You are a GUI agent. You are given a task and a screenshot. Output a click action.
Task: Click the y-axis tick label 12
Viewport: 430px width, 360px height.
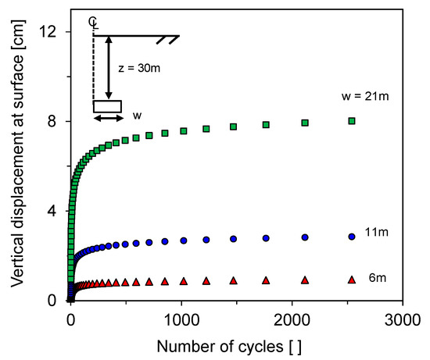[52, 31]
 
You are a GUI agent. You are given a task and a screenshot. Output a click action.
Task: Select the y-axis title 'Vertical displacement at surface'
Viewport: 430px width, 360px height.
[17, 166]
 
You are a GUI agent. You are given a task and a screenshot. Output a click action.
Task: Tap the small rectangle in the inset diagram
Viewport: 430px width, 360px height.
[108, 105]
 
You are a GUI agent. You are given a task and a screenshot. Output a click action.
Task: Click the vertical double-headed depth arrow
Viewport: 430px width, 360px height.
[109, 67]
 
